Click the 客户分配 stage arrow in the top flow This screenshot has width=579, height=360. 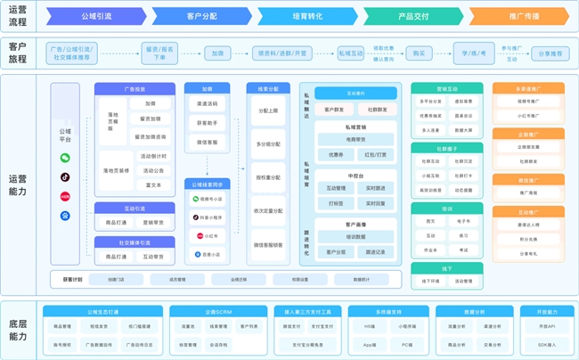tap(204, 16)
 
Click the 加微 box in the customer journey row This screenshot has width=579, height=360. tap(216, 53)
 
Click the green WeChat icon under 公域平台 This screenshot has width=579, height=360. tap(65, 158)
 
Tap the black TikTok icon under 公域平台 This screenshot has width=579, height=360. tap(65, 176)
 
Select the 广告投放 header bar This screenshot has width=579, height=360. tap(134, 89)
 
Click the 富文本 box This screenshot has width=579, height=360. tap(151, 185)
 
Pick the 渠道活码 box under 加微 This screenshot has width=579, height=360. tap(207, 103)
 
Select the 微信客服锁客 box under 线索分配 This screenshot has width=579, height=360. tap(268, 244)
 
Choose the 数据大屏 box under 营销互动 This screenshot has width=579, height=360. tap(463, 129)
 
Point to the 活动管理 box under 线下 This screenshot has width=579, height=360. tap(463, 281)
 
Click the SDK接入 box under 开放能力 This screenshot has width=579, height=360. tap(546, 344)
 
